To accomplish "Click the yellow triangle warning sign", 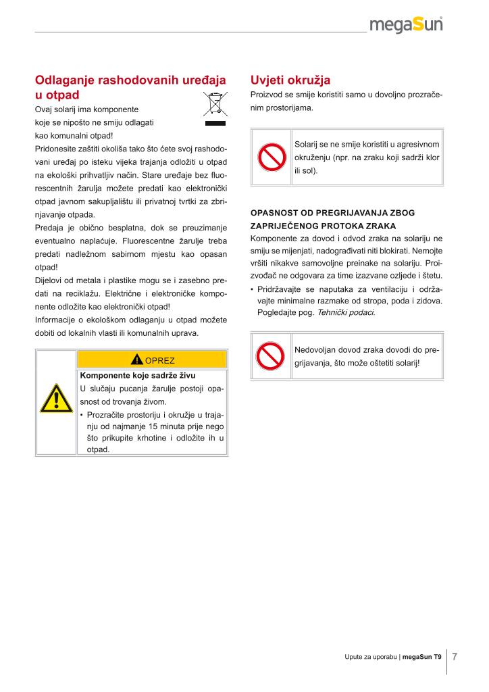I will pos(56,401).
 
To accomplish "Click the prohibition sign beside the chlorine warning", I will pos(272,157).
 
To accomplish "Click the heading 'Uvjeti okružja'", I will pos(290,80).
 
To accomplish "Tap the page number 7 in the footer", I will pos(455,656).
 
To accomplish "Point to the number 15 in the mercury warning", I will pos(156,426).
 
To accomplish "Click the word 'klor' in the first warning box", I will pos(432,157).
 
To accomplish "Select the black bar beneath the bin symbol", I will pos(214,124).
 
